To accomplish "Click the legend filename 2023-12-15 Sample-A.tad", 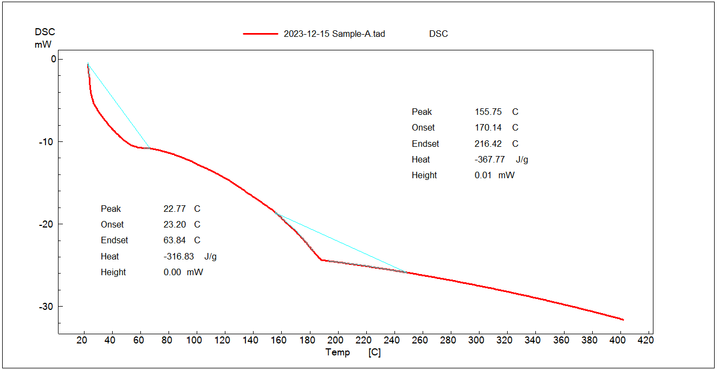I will pos(334,34).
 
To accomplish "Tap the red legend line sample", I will pos(260,34).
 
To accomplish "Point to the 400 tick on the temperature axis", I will pos(618,340).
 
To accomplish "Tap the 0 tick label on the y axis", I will pos(53,59).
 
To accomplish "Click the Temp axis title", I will pos(338,352).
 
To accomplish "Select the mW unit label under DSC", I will pos(43,44).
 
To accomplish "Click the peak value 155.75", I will pos(488,112).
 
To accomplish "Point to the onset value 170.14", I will pos(488,128).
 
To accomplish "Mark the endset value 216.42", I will pos(488,144).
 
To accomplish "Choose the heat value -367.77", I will pos(489,160).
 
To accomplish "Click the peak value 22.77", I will pos(174,209).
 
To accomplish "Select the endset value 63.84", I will pos(174,241).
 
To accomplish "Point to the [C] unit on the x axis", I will pos(374,352).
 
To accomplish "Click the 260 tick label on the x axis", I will pos(420,340).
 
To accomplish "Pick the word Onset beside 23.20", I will pos(112,225).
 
